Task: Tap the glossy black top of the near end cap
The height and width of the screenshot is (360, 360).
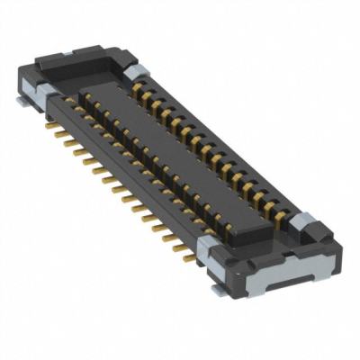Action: [261, 237]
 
